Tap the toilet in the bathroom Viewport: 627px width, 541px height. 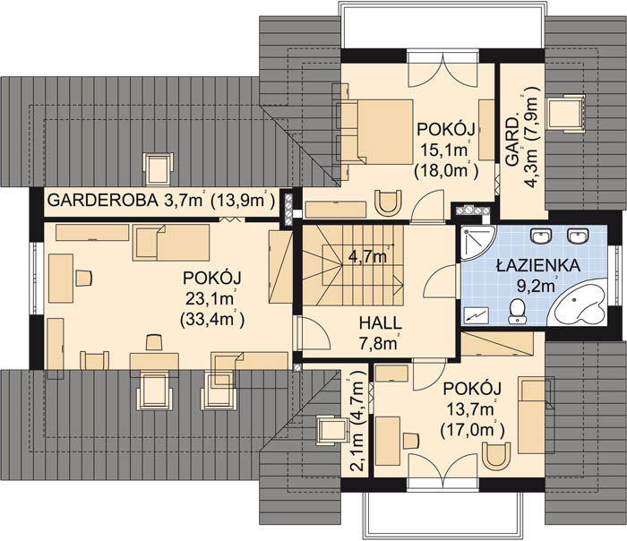[517, 310]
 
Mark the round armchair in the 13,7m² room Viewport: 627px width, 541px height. [494, 457]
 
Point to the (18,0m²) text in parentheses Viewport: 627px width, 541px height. [445, 170]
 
